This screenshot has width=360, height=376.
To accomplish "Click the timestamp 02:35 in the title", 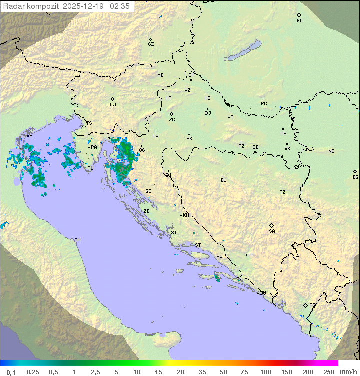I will [120, 6].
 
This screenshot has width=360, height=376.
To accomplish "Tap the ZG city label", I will [172, 120].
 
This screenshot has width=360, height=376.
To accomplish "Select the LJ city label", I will [113, 105].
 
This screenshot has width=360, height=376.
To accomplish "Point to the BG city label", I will [355, 177].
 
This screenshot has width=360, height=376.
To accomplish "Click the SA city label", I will [272, 231].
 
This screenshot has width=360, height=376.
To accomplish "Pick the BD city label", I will [299, 21].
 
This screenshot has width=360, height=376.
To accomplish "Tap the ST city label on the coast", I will [198, 245].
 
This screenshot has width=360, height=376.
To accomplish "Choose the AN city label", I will [77, 240].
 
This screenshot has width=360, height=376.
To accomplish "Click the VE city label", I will [29, 136].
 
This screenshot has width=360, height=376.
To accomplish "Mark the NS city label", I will [331, 151].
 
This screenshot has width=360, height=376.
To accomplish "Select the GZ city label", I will [151, 44].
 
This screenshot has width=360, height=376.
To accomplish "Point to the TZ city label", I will [283, 192].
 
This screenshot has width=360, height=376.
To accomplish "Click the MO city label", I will [251, 255].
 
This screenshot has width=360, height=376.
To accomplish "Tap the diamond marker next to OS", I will [283, 128].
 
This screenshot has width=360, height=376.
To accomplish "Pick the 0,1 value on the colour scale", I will [11, 372].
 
